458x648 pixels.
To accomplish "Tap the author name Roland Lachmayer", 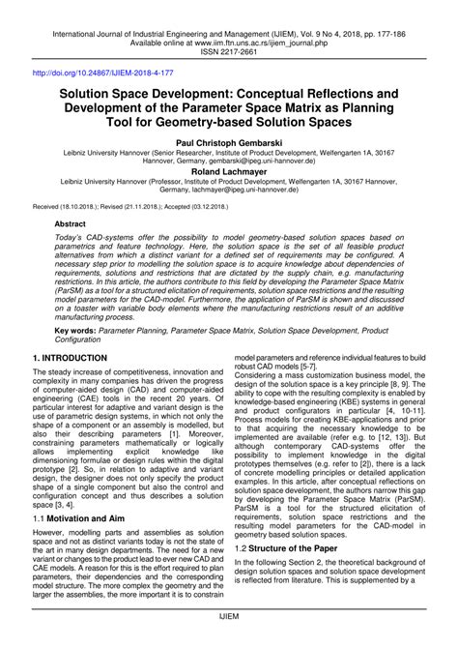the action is [229, 173].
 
